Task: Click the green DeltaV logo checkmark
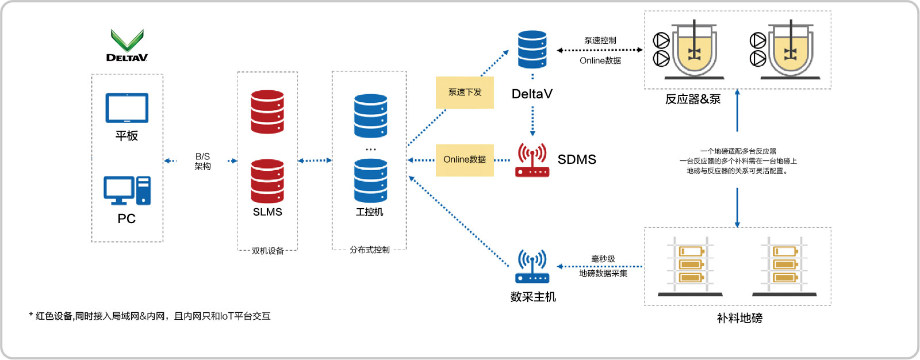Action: click(127, 40)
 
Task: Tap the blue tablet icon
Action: click(127, 108)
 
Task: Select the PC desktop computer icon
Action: click(127, 190)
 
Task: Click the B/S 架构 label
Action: click(202, 161)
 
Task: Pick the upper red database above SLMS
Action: click(267, 112)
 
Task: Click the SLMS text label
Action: click(267, 212)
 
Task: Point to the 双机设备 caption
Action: click(267, 251)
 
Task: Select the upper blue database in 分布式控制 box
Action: click(370, 116)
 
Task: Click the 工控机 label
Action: click(370, 212)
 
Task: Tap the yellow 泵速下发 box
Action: click(465, 92)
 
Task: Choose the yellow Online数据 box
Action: click(465, 160)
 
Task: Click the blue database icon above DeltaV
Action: click(532, 49)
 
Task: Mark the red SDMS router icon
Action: click(532, 160)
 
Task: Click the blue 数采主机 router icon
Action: click(532, 266)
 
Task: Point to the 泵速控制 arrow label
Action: click(600, 40)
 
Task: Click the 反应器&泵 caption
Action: click(693, 99)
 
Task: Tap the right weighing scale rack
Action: click(785, 266)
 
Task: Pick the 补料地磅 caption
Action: click(739, 318)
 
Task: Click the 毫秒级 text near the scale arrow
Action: click(603, 259)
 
